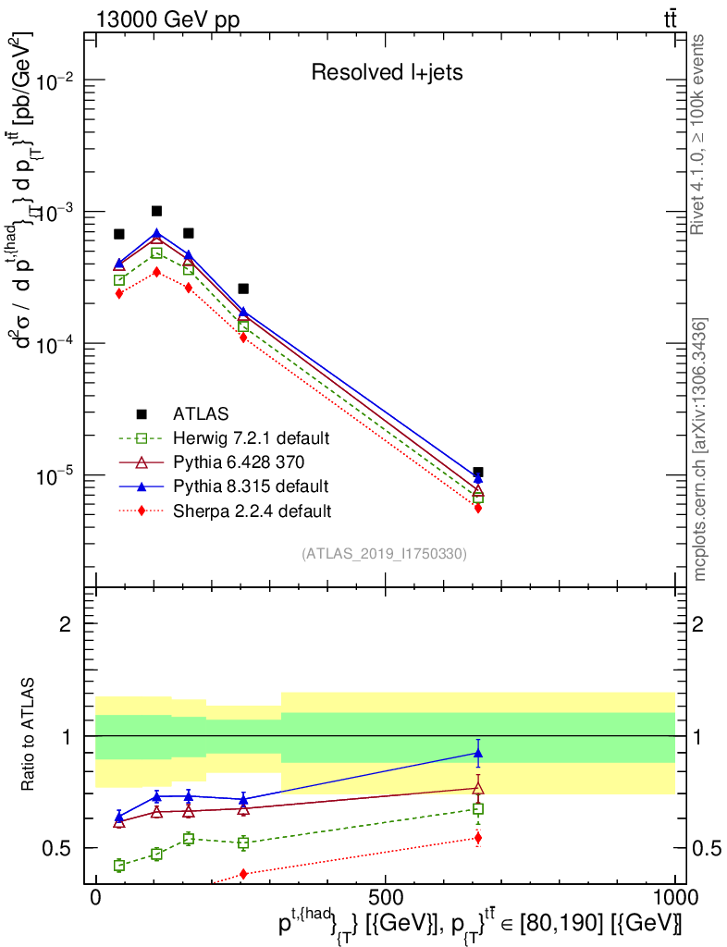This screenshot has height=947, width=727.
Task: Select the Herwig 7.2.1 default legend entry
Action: (253, 437)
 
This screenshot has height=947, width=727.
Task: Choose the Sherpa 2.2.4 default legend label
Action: (253, 510)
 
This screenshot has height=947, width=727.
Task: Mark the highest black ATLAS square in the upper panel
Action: (156, 211)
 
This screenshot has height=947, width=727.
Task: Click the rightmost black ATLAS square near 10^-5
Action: (477, 473)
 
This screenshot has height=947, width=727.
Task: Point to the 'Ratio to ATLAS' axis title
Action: (31, 735)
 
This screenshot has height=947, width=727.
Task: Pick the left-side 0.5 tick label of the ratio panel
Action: (58, 848)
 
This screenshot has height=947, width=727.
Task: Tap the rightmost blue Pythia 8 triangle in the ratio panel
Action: (477, 753)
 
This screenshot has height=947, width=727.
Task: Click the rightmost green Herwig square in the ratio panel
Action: (477, 808)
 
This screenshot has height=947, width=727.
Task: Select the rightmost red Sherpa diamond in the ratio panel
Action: (477, 838)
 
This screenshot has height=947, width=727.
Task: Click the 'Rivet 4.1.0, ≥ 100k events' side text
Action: (699, 134)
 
